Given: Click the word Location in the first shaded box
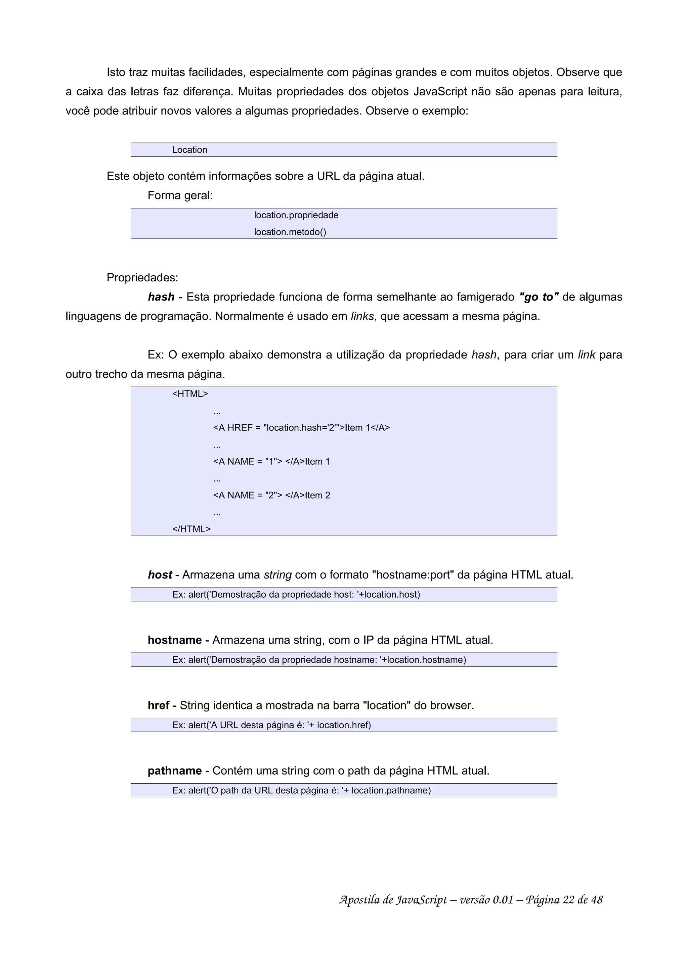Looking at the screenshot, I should [x=189, y=150].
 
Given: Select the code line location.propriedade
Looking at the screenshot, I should [x=296, y=215].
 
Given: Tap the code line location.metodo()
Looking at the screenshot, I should [x=290, y=232].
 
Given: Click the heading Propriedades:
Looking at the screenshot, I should [x=142, y=278].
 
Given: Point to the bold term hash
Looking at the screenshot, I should [x=161, y=297].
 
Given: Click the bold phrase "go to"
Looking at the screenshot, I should [x=539, y=297].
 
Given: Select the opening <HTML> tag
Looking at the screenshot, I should [x=190, y=394].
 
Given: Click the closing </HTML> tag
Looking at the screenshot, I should [x=191, y=529].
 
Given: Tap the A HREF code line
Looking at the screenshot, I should [x=301, y=428].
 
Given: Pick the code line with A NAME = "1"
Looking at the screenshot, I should [x=271, y=462].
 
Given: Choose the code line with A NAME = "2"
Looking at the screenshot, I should [x=271, y=496].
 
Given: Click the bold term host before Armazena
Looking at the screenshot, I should [x=160, y=575].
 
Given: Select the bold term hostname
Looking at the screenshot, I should [x=175, y=640].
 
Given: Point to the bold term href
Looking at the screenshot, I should [x=159, y=706].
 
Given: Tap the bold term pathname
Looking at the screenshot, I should [x=175, y=771].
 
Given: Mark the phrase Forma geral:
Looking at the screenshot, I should [x=180, y=196].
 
